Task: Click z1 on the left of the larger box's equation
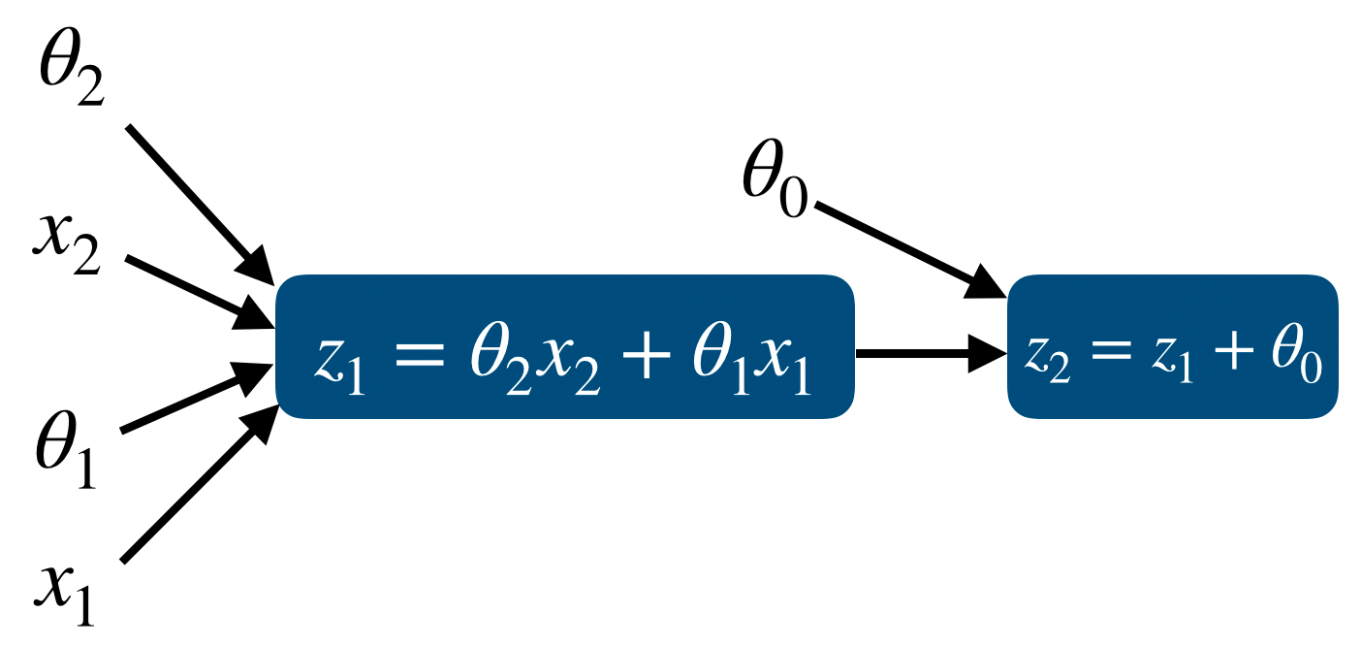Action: tap(339, 361)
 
